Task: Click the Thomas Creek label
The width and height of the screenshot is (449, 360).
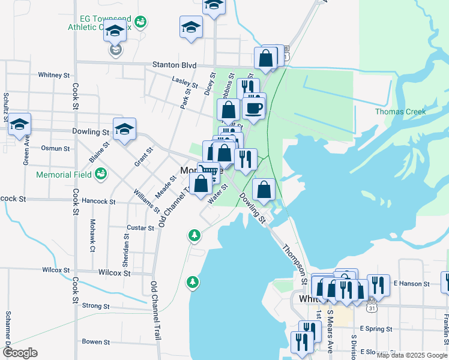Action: pyautogui.click(x=400, y=112)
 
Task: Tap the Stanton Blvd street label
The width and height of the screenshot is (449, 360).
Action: pyautogui.click(x=174, y=65)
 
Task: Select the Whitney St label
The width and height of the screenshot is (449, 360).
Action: pyautogui.click(x=53, y=75)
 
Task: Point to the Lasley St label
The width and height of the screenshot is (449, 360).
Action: pyautogui.click(x=185, y=81)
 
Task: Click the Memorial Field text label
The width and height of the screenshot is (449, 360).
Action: pyautogui.click(x=64, y=175)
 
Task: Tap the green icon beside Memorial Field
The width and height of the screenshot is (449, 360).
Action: pyautogui.click(x=101, y=174)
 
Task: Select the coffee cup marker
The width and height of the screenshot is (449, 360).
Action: pyautogui.click(x=253, y=109)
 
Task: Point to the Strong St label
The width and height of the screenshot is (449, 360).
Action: pyautogui.click(x=95, y=306)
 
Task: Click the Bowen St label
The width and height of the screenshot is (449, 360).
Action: pyautogui.click(x=96, y=342)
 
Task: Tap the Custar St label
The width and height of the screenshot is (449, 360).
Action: pyautogui.click(x=141, y=228)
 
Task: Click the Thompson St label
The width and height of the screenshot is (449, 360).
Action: pyautogui.click(x=295, y=260)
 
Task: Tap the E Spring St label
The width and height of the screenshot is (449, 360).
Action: pyautogui.click(x=376, y=329)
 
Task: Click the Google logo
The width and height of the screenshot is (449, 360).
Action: pyautogui.click(x=20, y=353)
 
